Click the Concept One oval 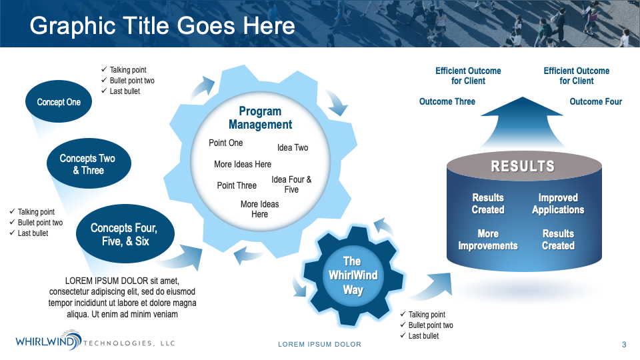click(x=59, y=101)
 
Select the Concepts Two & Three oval click(x=89, y=163)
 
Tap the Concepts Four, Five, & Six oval click(x=125, y=234)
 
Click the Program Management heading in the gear click(x=260, y=117)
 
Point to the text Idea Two click(x=293, y=148)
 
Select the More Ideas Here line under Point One click(x=243, y=164)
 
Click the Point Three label click(x=237, y=185)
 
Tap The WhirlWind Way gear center click(x=353, y=275)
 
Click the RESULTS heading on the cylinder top click(x=523, y=166)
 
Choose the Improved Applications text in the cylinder click(x=558, y=204)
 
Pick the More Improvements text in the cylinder click(x=488, y=239)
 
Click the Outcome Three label click(x=447, y=101)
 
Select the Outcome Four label click(x=595, y=101)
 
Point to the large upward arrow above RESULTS click(x=523, y=123)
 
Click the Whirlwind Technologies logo click(x=95, y=341)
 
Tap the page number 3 click(x=624, y=345)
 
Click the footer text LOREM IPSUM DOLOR click(x=319, y=345)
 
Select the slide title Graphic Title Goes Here click(x=162, y=26)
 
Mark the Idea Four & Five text click(x=291, y=185)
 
